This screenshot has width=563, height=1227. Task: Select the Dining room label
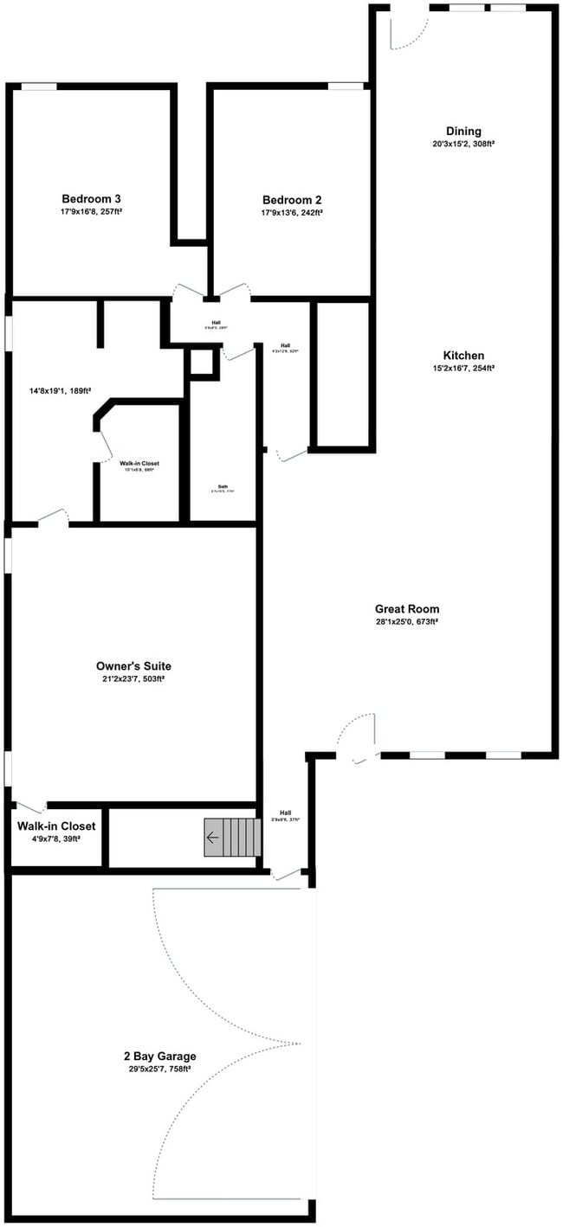click(463, 132)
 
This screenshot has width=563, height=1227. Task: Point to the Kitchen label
click(463, 356)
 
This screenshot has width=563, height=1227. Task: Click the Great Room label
click(406, 609)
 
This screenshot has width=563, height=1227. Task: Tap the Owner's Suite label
click(133, 666)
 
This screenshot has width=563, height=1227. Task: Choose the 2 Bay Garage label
click(159, 1056)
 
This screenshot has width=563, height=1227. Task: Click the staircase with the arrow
click(232, 838)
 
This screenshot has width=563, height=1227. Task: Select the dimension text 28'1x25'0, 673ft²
click(406, 621)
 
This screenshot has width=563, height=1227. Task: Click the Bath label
click(223, 485)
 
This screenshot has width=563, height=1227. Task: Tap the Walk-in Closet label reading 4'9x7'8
click(56, 826)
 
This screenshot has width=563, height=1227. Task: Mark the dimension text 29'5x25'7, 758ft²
click(159, 1069)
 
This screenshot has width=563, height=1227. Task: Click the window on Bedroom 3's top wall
click(39, 87)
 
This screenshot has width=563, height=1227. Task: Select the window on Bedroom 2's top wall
click(346, 86)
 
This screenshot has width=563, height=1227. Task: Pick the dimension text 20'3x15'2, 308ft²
click(463, 144)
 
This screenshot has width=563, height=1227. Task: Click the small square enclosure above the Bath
click(201, 363)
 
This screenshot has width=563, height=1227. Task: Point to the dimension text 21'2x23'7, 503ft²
click(133, 679)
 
